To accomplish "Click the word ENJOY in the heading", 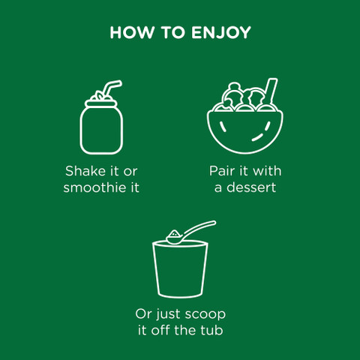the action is tap(221, 32).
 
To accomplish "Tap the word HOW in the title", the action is tap(132, 32).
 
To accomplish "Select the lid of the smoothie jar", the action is tap(101, 103).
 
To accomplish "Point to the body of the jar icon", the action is tap(101, 130).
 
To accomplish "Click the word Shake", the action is tap(85, 171).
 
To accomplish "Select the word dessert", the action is tap(251, 187).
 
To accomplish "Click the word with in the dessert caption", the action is tap(267, 171).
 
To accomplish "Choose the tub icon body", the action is tap(180, 270).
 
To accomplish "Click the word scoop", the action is tap(205, 314).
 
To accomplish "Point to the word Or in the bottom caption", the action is tap(144, 314).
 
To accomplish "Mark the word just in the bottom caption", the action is tap(168, 315).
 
